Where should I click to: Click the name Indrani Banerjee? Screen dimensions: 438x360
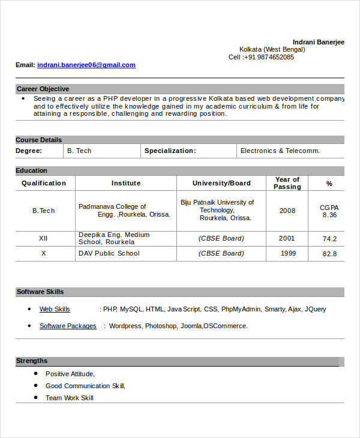318,41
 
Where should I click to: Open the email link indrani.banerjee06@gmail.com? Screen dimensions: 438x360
86,65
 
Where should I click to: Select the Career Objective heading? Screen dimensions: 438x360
43,89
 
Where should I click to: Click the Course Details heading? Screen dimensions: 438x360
39,140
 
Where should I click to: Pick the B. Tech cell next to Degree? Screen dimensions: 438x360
79,151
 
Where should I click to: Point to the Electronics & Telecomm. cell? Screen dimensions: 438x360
280,151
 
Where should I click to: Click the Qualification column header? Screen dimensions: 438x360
44,183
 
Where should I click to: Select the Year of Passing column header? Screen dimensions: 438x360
287,183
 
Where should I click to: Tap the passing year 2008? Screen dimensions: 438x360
287,211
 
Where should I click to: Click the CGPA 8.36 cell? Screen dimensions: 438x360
329,211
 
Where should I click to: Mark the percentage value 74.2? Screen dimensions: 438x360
329,239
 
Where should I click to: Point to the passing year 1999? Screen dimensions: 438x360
288,253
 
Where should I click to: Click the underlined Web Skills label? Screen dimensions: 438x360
55,309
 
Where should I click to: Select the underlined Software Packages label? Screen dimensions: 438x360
68,326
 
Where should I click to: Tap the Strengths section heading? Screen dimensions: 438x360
32,361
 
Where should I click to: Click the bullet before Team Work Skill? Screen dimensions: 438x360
37,397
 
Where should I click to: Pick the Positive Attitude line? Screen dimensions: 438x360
70,373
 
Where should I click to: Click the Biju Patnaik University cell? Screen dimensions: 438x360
218,210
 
